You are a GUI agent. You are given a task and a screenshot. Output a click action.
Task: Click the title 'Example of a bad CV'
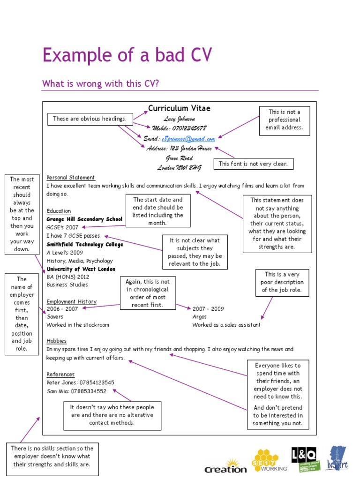click(x=127, y=56)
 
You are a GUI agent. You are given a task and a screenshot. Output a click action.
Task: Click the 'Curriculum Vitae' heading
click(x=179, y=108)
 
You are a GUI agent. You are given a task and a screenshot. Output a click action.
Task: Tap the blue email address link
click(x=188, y=139)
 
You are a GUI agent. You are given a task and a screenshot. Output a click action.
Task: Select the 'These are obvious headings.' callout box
click(x=90, y=119)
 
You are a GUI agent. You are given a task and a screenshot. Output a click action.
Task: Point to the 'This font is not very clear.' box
click(x=254, y=164)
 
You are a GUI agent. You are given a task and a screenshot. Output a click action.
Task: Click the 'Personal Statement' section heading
click(x=71, y=178)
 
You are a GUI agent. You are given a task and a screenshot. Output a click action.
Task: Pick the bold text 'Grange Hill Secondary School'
click(x=84, y=219)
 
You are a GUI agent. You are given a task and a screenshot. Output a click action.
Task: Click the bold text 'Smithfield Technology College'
click(x=85, y=244)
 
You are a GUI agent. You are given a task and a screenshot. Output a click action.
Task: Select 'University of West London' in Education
click(x=81, y=270)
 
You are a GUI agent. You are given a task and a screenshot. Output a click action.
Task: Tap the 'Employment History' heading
click(x=72, y=301)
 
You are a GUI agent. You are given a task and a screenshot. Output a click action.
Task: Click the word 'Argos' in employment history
click(x=199, y=317)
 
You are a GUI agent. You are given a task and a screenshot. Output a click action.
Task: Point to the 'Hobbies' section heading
click(x=57, y=341)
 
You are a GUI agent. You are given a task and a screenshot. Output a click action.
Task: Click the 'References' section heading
click(x=60, y=374)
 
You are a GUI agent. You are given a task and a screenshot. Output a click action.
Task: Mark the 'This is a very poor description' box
click(x=282, y=282)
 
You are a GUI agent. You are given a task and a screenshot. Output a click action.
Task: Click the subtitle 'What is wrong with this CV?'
click(x=100, y=83)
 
